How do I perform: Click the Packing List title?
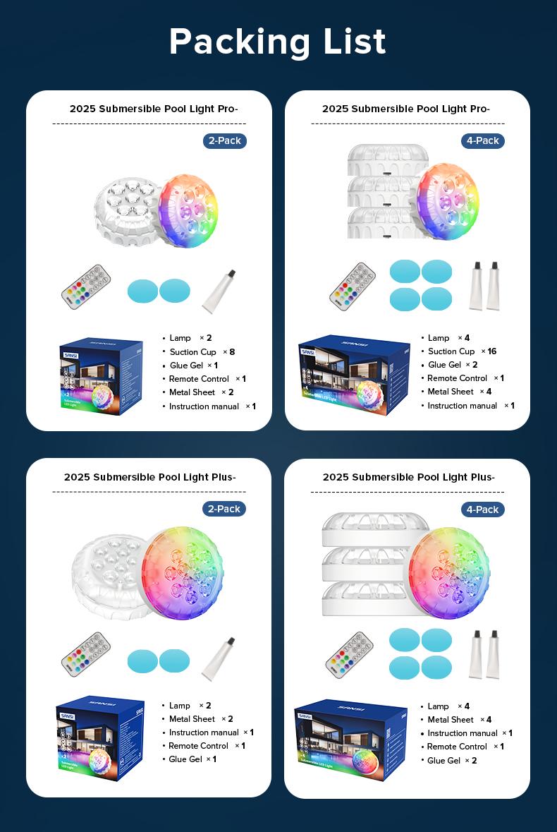pyautogui.click(x=278, y=42)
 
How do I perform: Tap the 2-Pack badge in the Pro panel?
pyautogui.click(x=225, y=140)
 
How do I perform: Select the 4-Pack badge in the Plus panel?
pyautogui.click(x=483, y=510)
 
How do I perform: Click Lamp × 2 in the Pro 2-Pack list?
pyautogui.click(x=190, y=338)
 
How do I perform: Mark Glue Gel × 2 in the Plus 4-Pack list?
pyautogui.click(x=452, y=760)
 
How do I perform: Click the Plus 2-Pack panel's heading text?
pyautogui.click(x=149, y=477)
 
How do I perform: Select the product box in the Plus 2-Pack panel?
pyautogui.click(x=99, y=737)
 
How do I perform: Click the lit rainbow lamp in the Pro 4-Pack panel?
pyautogui.click(x=444, y=201)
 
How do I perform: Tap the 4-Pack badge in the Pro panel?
pyautogui.click(x=483, y=140)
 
